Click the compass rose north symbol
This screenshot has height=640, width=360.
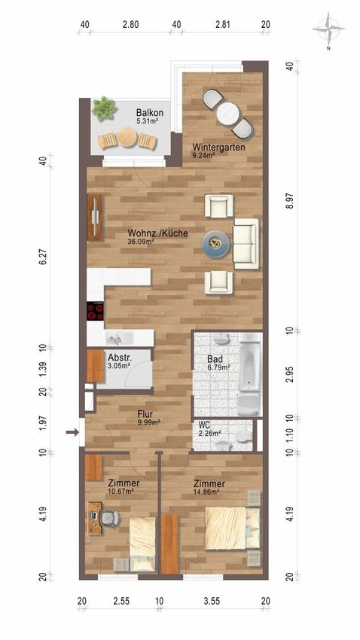click(x=328, y=29)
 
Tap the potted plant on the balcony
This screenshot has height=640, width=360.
click(x=103, y=108)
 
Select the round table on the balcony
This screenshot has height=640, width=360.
click(x=127, y=137)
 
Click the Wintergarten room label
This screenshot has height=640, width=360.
click(x=218, y=147)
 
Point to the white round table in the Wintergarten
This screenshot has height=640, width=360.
click(x=227, y=114)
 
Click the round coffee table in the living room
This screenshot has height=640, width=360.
click(x=215, y=244)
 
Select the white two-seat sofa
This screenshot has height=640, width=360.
click(x=246, y=244)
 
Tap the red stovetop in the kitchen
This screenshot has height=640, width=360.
click(x=95, y=311)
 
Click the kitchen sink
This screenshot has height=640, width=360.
click(x=120, y=337)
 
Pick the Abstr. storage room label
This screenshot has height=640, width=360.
click(x=117, y=356)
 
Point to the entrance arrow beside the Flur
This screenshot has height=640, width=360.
click(x=72, y=432)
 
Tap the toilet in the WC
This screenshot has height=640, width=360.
click(x=244, y=435)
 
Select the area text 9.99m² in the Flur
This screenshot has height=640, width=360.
click(x=148, y=422)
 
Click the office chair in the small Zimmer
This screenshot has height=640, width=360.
click(x=109, y=519)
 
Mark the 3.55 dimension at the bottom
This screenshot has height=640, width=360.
click(x=212, y=601)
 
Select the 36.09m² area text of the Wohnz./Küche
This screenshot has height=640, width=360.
click(x=141, y=241)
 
